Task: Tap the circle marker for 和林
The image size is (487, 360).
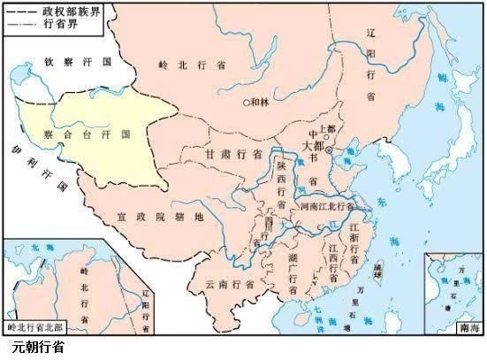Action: click(247, 102)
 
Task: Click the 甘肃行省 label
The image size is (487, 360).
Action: click(233, 153)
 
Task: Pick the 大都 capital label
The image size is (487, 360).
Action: click(315, 146)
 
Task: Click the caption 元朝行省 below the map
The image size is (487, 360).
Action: click(39, 349)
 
